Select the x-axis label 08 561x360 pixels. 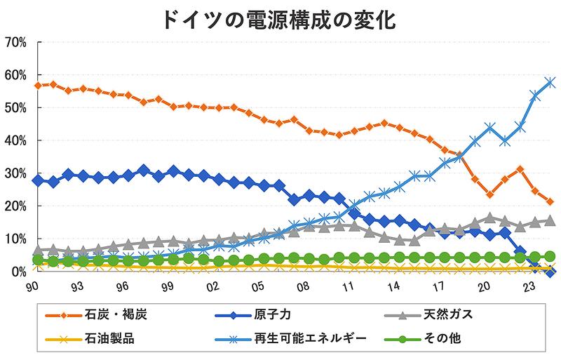[x=304, y=286]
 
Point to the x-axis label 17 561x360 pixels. [x=440, y=286]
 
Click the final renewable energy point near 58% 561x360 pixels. [x=550, y=82]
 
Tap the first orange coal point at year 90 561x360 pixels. [x=39, y=86]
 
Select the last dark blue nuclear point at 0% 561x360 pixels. [x=550, y=272]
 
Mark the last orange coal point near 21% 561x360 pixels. [x=550, y=202]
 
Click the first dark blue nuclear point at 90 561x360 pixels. [x=39, y=180]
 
